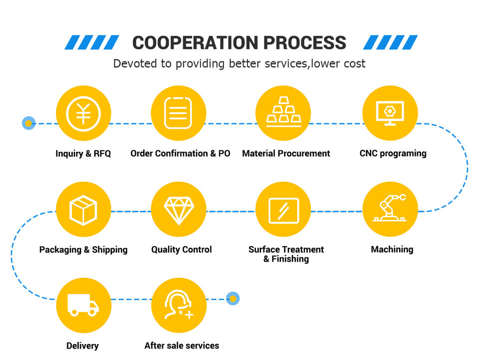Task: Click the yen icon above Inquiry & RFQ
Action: [x=83, y=113]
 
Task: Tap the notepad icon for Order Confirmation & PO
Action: [x=178, y=113]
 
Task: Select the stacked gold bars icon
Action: [x=283, y=113]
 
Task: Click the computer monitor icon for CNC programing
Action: [x=390, y=113]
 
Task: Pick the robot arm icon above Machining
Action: [x=390, y=209]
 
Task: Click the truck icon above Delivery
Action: [x=83, y=305]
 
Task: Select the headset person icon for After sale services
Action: [x=178, y=305]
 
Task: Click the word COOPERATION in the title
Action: [x=195, y=42]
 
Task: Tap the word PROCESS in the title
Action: [x=304, y=42]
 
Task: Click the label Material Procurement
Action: [x=286, y=153]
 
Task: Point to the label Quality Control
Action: [x=182, y=249]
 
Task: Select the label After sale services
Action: [x=182, y=346]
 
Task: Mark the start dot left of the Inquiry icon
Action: [x=29, y=123]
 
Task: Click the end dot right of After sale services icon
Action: [x=233, y=299]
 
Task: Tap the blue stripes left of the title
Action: [x=92, y=42]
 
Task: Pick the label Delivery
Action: [x=82, y=346]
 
